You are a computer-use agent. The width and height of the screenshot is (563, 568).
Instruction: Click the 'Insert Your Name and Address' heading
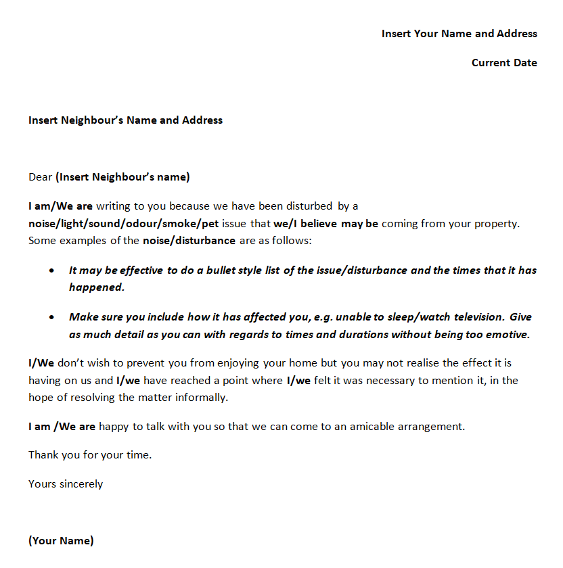tap(459, 34)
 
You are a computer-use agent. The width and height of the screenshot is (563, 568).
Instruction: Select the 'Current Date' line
tap(504, 63)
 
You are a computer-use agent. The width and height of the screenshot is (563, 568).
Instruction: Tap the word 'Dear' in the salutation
tap(40, 177)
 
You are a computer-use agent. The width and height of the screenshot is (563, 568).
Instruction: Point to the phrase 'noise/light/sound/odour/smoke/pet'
tap(123, 223)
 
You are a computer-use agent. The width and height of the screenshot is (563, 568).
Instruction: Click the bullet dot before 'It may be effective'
tap(53, 270)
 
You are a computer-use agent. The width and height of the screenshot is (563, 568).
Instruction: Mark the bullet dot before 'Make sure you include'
tap(53, 316)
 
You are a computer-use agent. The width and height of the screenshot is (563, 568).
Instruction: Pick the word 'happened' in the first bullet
tap(95, 287)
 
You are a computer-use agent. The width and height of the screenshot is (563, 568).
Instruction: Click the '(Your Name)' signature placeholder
tap(61, 541)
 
